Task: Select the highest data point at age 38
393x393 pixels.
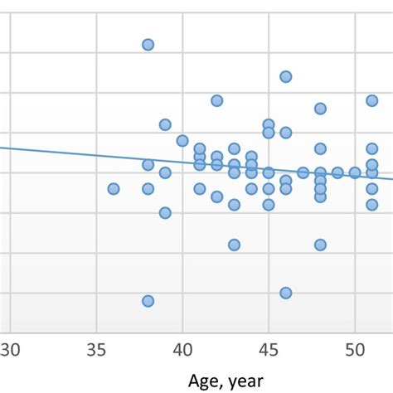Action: point(148,45)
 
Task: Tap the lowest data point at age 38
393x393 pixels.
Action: point(148,301)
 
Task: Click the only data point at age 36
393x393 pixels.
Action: point(114,189)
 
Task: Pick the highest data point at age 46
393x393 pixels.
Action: point(286,76)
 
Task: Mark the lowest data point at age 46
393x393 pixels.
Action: point(286,293)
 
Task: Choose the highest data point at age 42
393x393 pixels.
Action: point(217,100)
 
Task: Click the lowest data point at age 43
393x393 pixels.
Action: point(235,245)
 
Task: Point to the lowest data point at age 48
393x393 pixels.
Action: point(320,245)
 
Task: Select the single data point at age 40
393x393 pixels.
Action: point(182,141)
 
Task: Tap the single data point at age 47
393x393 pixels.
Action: point(303,172)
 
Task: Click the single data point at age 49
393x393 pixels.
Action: point(337,172)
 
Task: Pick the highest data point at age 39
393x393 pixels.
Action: point(165,124)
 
